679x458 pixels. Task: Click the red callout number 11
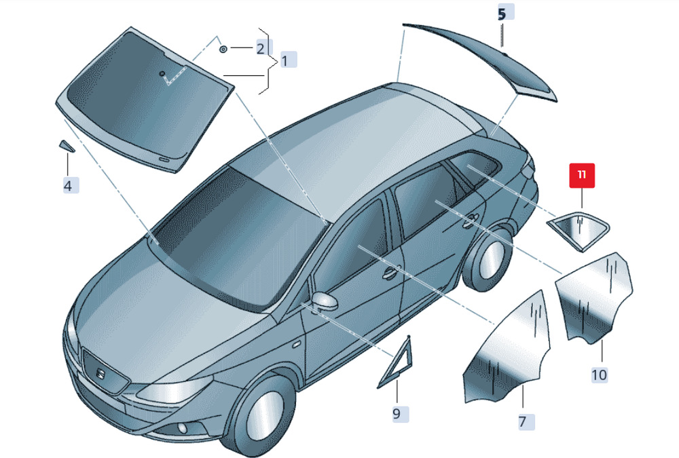pos(582,175)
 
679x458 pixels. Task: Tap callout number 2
pos(259,48)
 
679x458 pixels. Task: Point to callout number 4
pos(67,184)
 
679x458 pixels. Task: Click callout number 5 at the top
pos(502,13)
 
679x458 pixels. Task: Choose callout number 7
pos(523,421)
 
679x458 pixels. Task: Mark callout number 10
pos(599,374)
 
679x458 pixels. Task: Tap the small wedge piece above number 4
pos(66,145)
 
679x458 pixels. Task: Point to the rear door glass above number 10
pos(594,295)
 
